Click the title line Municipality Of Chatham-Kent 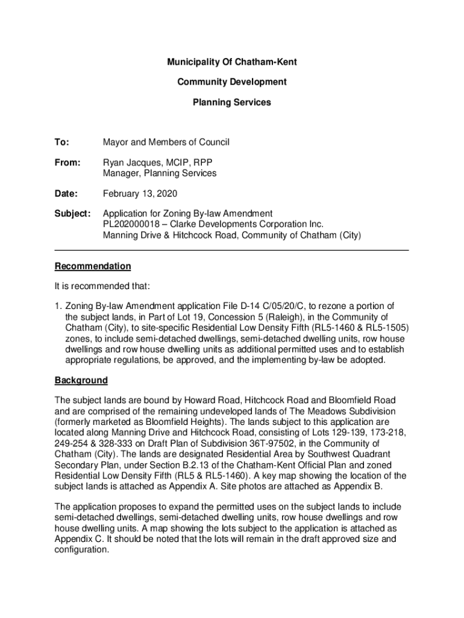232,62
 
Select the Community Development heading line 232,82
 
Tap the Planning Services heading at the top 232,103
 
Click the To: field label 62,142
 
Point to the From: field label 67,163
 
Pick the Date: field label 66,194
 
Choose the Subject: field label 73,214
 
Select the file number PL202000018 136,225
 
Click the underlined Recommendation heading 93,266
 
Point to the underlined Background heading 81,381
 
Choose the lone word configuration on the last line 81,550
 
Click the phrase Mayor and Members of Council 166,142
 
